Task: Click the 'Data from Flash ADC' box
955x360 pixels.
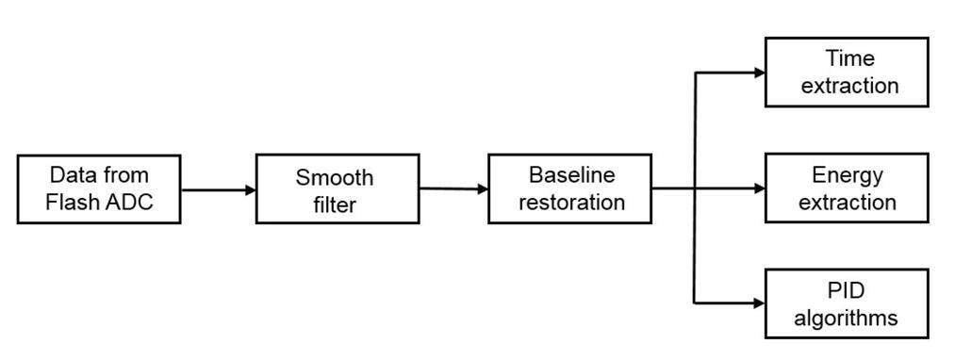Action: tap(99, 189)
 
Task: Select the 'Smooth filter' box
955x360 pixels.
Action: tap(338, 189)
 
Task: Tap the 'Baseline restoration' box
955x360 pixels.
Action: tap(569, 188)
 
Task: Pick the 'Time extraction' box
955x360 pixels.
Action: tap(846, 73)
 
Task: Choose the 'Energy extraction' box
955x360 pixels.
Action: tap(846, 188)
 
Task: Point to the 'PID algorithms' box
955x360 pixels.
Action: tap(846, 303)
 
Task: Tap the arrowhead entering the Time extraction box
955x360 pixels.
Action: tap(758, 73)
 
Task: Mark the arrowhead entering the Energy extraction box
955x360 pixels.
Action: tap(758, 188)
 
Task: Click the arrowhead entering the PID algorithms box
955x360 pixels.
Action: tap(758, 303)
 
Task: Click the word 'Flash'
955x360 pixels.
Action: tap(71, 202)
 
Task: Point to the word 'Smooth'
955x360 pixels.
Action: tap(335, 177)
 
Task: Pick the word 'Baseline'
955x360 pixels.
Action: tap(571, 175)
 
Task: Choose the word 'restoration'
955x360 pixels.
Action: tap(571, 202)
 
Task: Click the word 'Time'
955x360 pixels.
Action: tap(849, 59)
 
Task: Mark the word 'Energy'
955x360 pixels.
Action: tap(848, 175)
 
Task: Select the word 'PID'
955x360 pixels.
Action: tap(846, 291)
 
